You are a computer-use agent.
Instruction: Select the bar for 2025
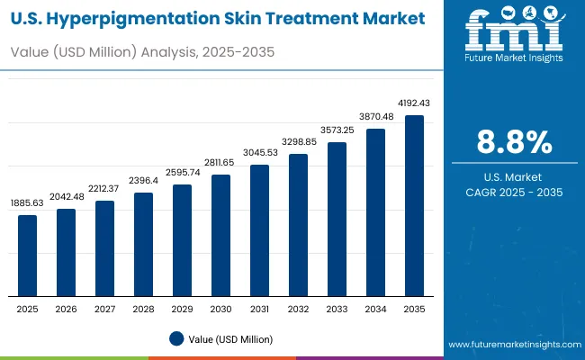(x=28, y=256)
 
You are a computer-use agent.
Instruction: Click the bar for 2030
(x=220, y=235)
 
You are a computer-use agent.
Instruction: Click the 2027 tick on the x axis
(x=104, y=309)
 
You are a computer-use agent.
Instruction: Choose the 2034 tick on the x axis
(x=375, y=309)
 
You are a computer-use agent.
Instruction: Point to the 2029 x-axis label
(x=182, y=309)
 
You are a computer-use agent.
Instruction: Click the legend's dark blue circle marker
(x=176, y=338)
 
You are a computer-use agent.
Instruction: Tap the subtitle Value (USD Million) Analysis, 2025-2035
(x=141, y=53)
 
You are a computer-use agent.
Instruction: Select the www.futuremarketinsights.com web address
(x=510, y=345)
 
